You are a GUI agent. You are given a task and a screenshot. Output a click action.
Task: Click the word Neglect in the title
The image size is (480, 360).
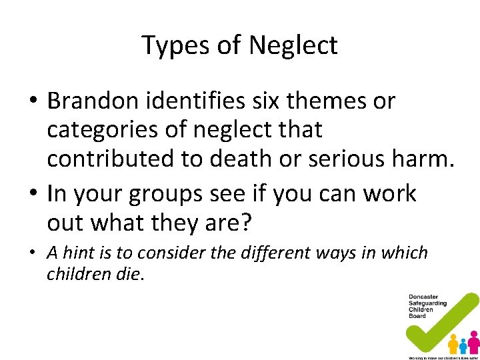tap(293, 46)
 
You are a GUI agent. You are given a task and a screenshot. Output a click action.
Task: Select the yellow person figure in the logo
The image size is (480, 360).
tap(453, 344)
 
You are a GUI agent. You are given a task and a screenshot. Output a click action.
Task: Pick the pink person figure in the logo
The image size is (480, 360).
tap(473, 341)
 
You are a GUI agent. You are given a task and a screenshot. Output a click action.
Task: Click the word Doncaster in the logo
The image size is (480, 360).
tap(424, 297)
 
